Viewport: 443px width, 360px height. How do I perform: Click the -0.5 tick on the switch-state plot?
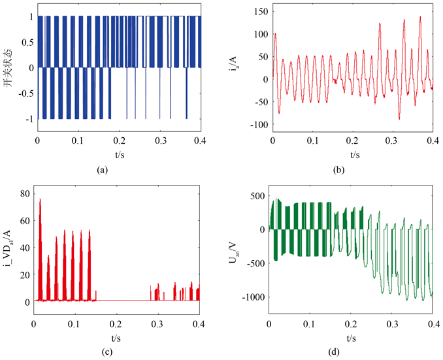coord(25,93)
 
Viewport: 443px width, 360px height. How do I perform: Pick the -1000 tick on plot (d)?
coord(254,297)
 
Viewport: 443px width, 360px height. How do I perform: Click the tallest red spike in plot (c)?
coord(40,199)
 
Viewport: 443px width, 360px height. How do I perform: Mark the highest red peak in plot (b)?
coord(419,17)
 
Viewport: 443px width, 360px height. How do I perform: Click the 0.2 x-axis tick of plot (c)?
coord(116,323)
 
